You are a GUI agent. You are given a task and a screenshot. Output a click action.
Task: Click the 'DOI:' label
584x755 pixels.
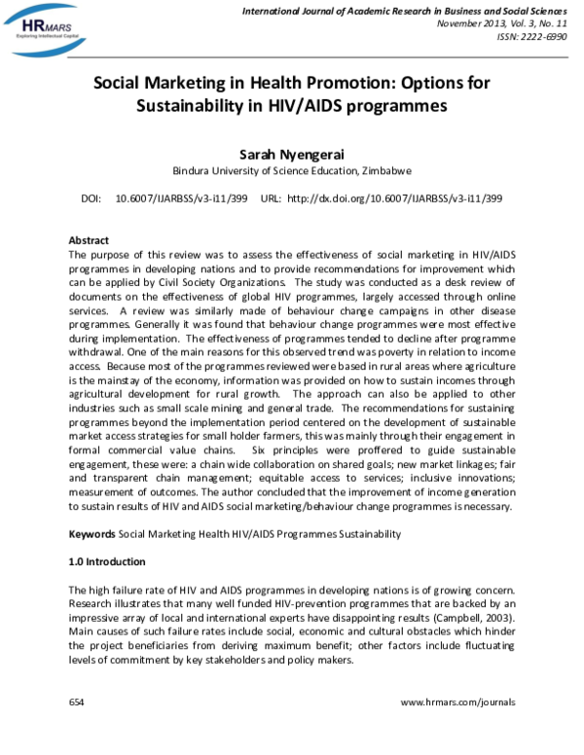pos(91,198)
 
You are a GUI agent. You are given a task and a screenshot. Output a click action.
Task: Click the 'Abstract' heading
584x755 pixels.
pos(89,240)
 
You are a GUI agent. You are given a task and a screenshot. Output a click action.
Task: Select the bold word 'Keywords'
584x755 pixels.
pos(91,534)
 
